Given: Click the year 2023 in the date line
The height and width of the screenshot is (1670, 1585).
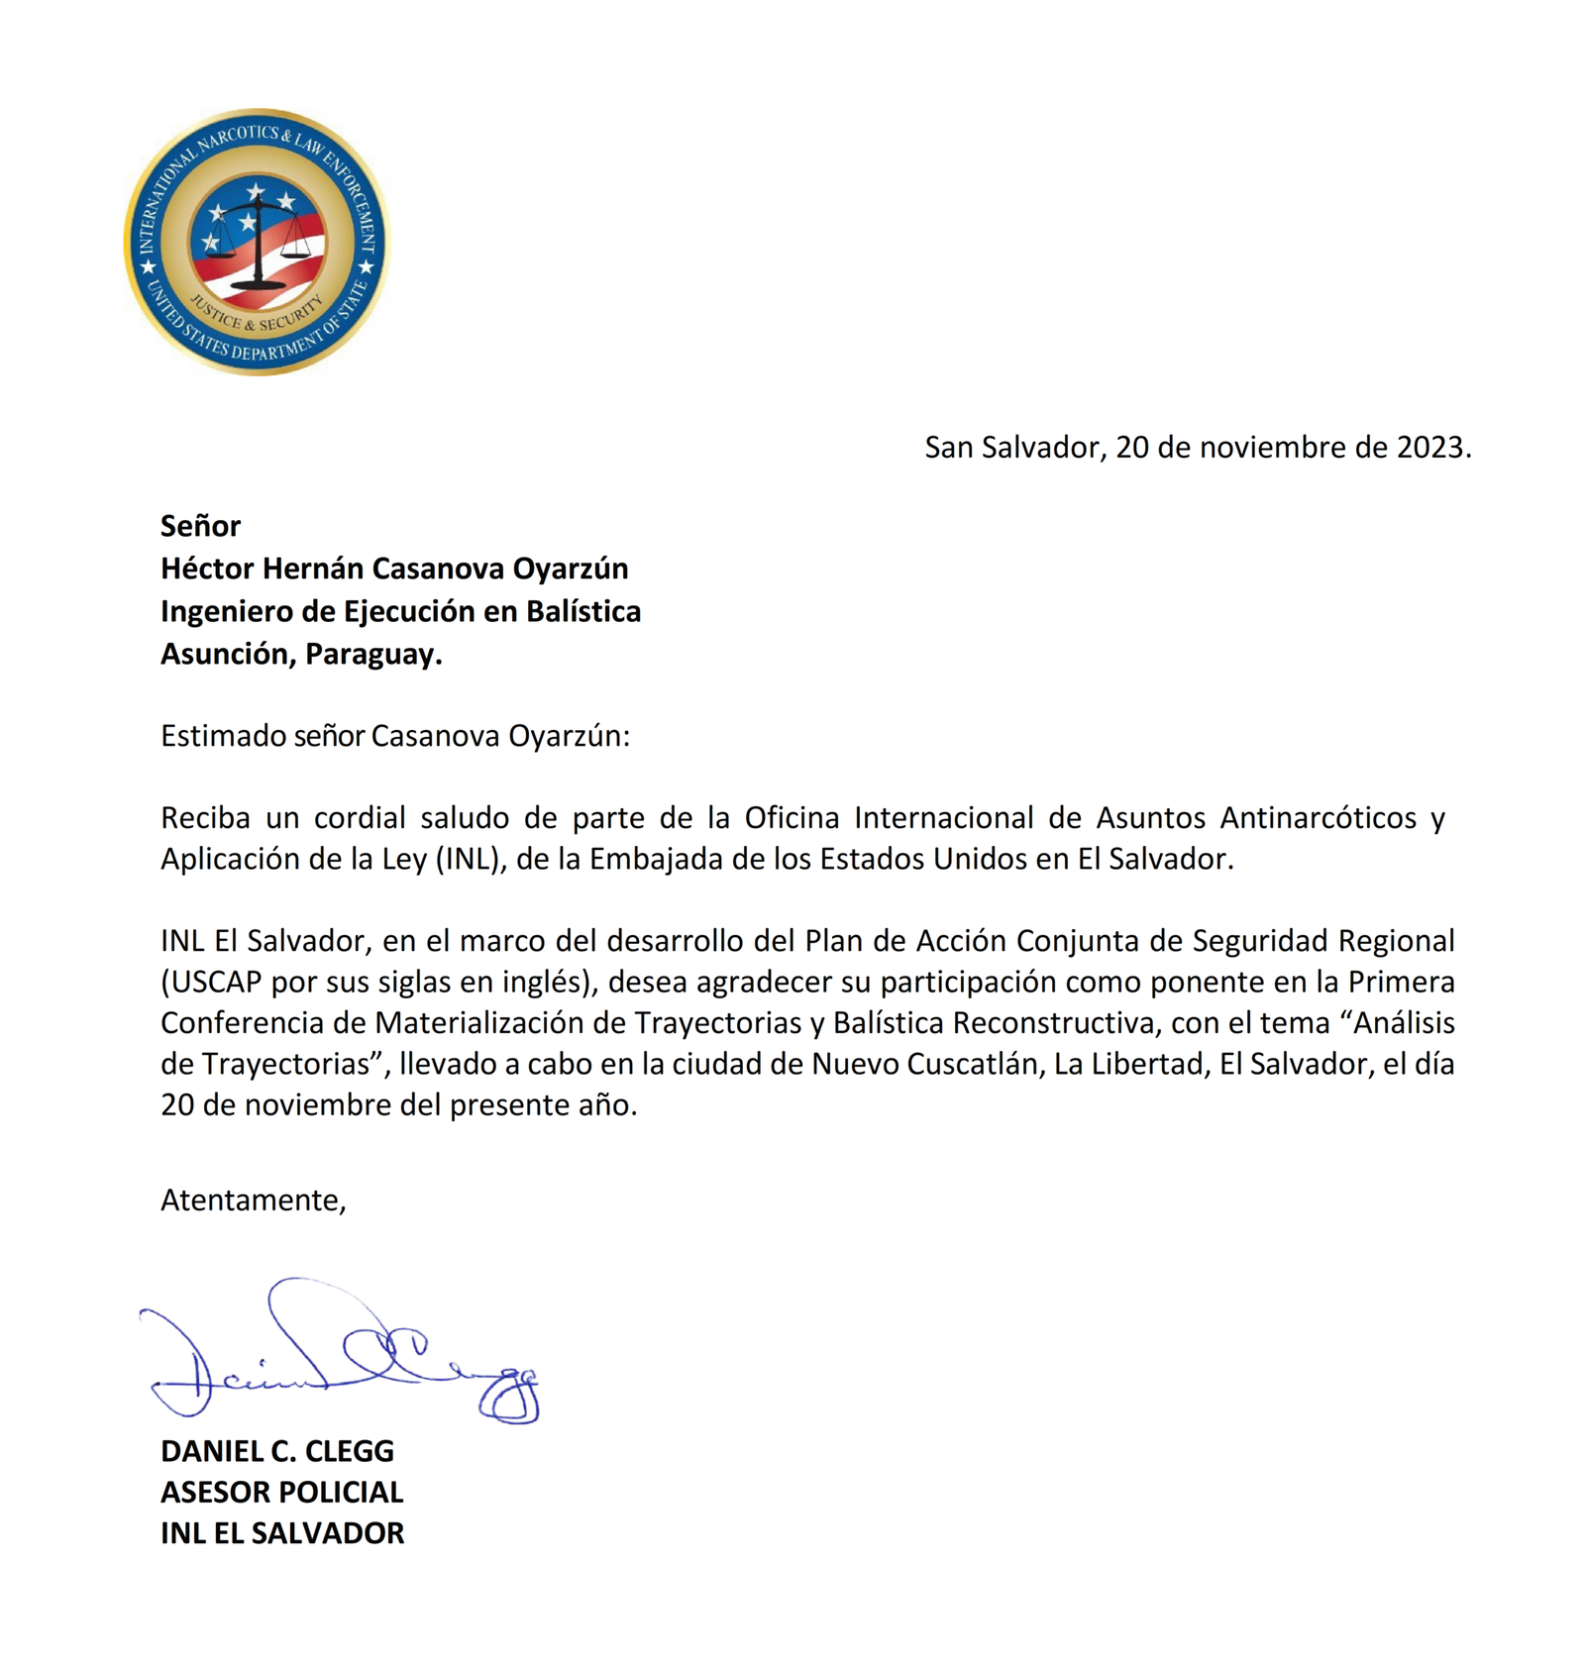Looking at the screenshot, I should [1429, 448].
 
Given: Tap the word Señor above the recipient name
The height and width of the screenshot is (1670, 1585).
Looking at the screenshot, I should [200, 526].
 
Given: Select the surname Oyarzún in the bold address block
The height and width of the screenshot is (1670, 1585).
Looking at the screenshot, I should [570, 569].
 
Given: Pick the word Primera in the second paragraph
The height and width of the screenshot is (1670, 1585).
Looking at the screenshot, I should [1401, 982].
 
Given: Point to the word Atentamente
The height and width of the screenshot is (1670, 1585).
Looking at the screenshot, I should [253, 1200].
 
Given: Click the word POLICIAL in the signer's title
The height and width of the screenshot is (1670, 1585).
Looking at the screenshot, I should [342, 1492].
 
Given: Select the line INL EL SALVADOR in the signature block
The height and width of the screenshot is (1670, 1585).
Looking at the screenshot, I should [282, 1533].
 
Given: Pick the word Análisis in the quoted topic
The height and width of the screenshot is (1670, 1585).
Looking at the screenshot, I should [1404, 1022].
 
